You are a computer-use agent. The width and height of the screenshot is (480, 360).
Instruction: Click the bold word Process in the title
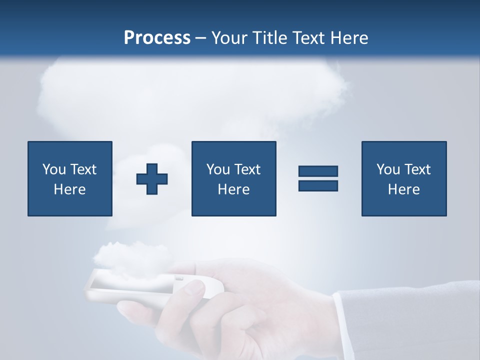(x=157, y=38)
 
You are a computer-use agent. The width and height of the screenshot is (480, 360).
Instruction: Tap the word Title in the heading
(x=269, y=38)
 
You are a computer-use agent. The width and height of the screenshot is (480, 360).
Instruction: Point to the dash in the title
(x=201, y=38)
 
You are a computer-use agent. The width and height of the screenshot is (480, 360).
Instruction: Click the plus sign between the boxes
(x=152, y=178)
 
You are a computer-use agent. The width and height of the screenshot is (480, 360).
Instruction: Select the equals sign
(x=318, y=178)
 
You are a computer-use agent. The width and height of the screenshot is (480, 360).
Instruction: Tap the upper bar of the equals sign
(x=318, y=171)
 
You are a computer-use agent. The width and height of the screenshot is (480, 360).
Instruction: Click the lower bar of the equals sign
(x=318, y=185)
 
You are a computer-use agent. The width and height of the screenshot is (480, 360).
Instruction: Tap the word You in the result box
(x=388, y=169)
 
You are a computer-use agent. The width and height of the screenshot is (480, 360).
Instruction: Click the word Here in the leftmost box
(x=69, y=189)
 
